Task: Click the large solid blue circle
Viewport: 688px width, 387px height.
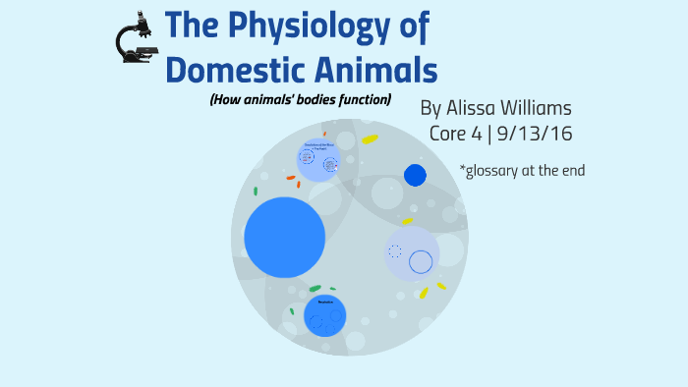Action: [284, 237]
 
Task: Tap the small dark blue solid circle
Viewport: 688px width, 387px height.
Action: [416, 176]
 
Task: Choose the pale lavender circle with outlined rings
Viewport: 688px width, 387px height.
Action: [411, 254]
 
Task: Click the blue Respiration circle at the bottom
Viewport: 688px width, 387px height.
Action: [325, 314]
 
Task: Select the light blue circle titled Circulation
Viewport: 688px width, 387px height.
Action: [319, 160]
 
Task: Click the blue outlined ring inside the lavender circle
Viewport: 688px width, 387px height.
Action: [421, 262]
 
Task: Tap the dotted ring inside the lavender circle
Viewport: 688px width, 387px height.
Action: [395, 251]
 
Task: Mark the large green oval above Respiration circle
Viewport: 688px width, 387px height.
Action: [315, 288]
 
